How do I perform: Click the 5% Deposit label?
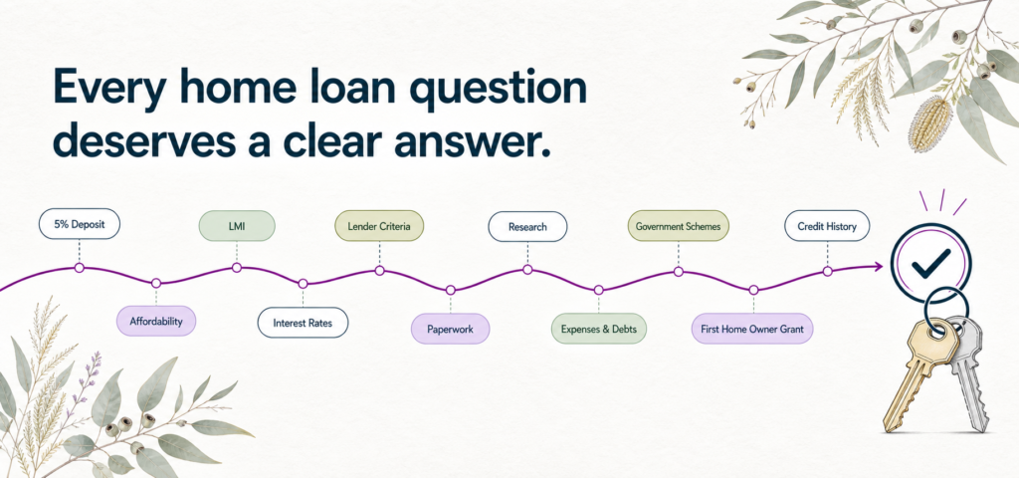pyautogui.click(x=80, y=224)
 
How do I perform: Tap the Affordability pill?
pyautogui.click(x=156, y=321)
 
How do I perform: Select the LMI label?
pyautogui.click(x=237, y=226)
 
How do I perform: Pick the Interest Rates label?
pyautogui.click(x=303, y=323)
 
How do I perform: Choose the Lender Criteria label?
pyautogui.click(x=379, y=226)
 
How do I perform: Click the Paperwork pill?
pyautogui.click(x=450, y=329)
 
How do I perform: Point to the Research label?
pyautogui.click(x=527, y=227)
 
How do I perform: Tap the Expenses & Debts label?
pyautogui.click(x=599, y=329)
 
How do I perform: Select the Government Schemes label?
pyautogui.click(x=679, y=226)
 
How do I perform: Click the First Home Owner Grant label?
pyautogui.click(x=752, y=329)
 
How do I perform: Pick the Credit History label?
pyautogui.click(x=827, y=226)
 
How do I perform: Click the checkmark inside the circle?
pyautogui.click(x=930, y=264)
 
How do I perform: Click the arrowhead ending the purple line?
pyautogui.click(x=878, y=266)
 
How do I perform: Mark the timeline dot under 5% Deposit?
pyautogui.click(x=80, y=267)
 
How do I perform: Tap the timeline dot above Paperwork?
pyautogui.click(x=451, y=290)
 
